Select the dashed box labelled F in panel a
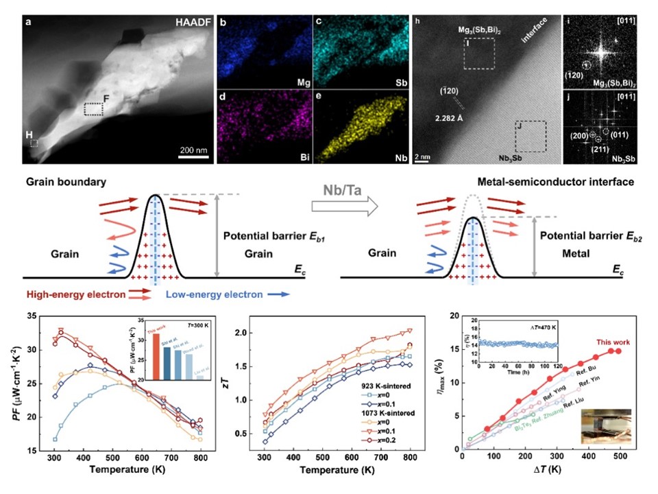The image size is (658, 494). click(93, 109)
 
